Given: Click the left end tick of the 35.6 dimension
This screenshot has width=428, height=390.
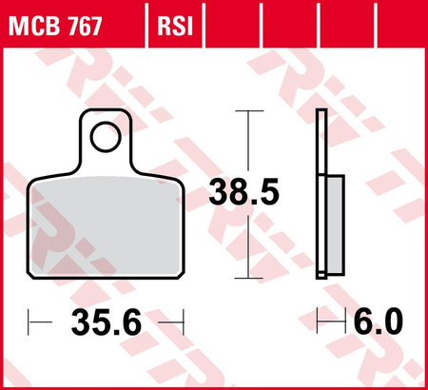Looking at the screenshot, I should pyautogui.click(x=30, y=323).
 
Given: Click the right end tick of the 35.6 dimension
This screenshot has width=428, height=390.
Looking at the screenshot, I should pyautogui.click(x=179, y=323).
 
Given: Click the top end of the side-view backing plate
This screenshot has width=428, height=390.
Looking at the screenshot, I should pyautogui.click(x=321, y=114).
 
